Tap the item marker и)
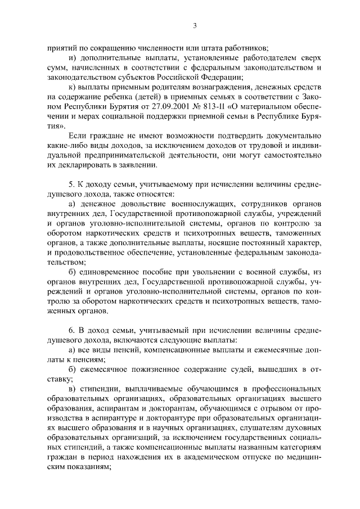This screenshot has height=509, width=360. point(70,58)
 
